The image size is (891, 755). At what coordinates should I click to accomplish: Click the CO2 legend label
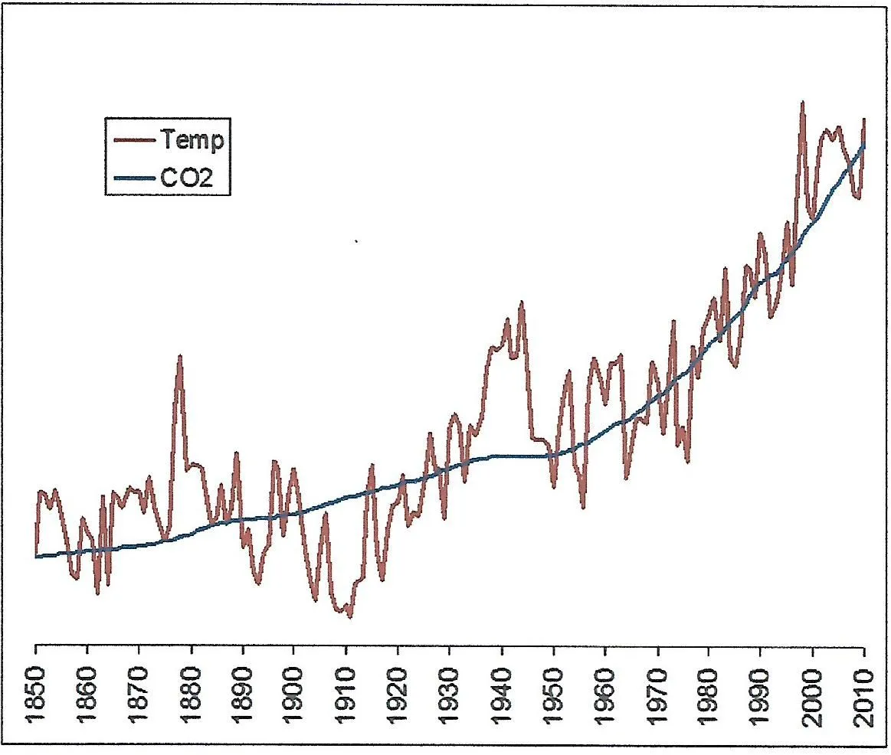click(x=186, y=178)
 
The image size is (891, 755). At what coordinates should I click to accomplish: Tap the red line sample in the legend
click(x=134, y=141)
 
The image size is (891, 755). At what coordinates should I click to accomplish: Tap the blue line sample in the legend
click(x=134, y=178)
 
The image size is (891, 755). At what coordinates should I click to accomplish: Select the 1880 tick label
click(x=192, y=692)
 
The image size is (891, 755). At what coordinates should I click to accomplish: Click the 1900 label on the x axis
click(x=295, y=692)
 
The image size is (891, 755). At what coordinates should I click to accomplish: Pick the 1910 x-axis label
click(x=346, y=692)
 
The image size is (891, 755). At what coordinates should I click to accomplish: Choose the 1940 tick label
click(x=502, y=692)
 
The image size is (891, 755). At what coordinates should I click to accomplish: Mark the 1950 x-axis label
click(x=553, y=692)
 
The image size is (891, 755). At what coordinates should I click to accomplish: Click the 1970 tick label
click(x=657, y=692)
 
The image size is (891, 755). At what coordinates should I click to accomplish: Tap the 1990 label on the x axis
click(x=760, y=692)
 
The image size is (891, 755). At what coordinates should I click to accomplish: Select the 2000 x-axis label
click(x=812, y=692)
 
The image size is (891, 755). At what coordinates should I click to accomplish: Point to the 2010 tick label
click(x=863, y=692)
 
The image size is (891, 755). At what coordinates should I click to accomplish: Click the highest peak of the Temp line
click(x=802, y=102)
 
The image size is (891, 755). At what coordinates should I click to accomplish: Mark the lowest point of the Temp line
click(x=350, y=616)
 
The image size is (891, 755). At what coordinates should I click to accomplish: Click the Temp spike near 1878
click(x=180, y=356)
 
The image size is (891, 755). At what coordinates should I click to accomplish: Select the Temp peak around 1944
click(x=522, y=302)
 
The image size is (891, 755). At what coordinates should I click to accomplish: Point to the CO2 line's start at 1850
click(x=37, y=557)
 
